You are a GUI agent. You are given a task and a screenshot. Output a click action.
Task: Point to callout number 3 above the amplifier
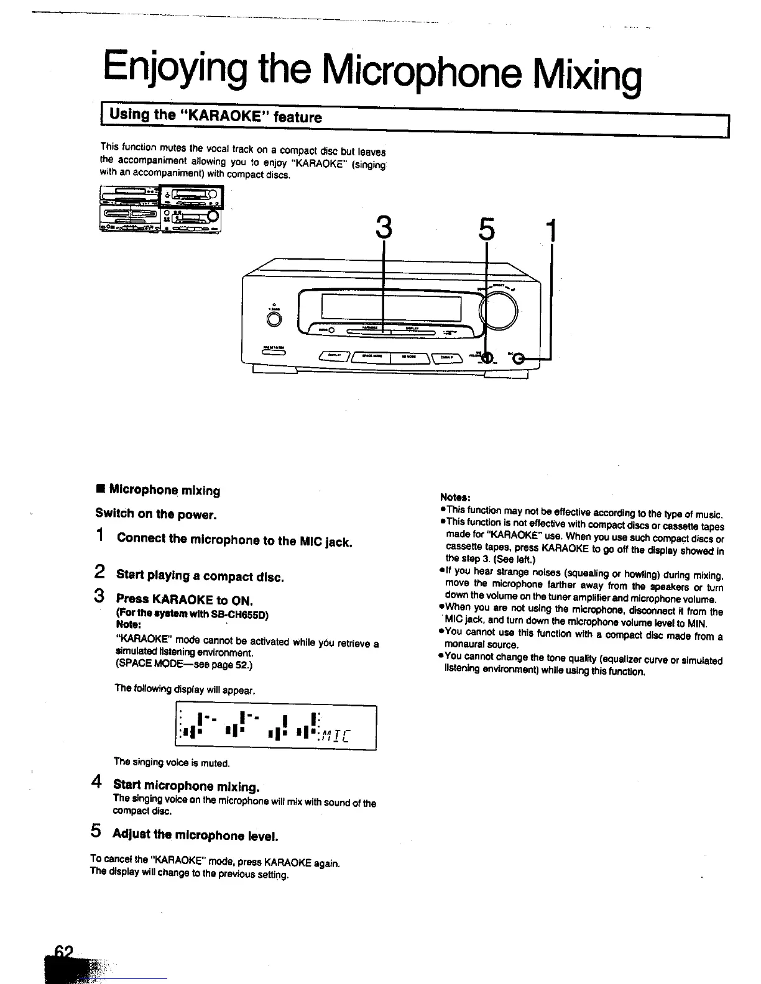[x=385, y=229]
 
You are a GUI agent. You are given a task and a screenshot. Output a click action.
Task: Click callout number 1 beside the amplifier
[x=550, y=230]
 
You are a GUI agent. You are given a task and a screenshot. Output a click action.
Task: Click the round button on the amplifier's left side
[x=274, y=319]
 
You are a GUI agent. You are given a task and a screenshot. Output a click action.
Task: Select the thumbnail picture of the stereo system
[x=161, y=209]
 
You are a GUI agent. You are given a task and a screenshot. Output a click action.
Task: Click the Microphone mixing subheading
[x=164, y=490]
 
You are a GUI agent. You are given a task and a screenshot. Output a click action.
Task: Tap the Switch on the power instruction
[x=155, y=514]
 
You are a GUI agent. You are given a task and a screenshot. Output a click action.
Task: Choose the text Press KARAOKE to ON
[x=183, y=599]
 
